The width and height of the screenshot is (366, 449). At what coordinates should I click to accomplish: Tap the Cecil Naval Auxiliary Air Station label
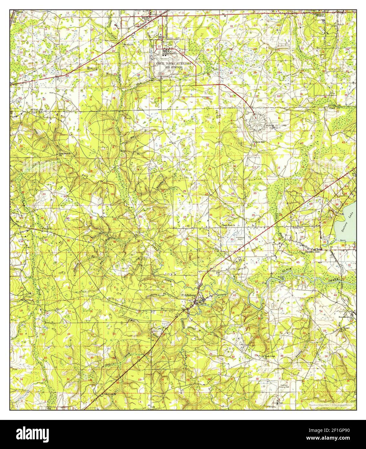(x=174, y=66)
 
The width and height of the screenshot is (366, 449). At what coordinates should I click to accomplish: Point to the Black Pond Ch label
(x=227, y=225)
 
